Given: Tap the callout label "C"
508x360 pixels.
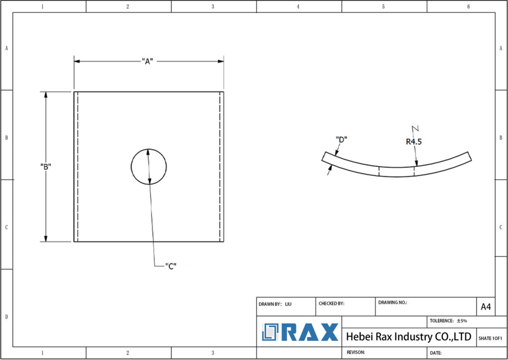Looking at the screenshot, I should [x=171, y=265].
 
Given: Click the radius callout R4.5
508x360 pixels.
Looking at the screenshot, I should [x=415, y=142].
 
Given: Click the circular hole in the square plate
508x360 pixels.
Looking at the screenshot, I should [x=149, y=166].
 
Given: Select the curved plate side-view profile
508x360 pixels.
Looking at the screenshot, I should [x=397, y=166].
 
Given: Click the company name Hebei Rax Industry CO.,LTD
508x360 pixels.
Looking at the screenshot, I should [x=408, y=337].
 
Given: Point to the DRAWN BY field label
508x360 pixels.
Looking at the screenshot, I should [x=270, y=303].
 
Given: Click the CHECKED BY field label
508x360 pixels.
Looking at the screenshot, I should [x=331, y=303].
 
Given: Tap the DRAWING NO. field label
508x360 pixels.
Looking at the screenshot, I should [x=392, y=302].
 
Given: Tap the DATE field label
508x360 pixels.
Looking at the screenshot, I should [x=436, y=353].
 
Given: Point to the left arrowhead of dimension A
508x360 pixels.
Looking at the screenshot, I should [x=77, y=61].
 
